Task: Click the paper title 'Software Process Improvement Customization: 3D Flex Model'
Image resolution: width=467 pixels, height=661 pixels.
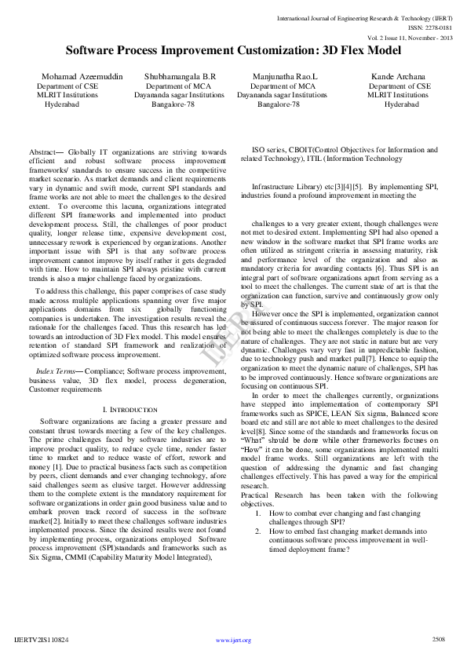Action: tap(233, 50)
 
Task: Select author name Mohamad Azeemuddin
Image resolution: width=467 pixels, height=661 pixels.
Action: tap(78, 76)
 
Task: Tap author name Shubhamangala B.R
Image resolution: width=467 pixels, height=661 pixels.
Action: tap(180, 76)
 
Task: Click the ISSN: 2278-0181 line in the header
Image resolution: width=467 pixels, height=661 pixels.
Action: tap(431, 26)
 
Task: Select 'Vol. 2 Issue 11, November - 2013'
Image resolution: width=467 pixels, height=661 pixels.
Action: tap(411, 37)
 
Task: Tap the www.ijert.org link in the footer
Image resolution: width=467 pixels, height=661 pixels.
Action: tap(233, 641)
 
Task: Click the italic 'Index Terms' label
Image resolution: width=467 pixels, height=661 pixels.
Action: tap(55, 369)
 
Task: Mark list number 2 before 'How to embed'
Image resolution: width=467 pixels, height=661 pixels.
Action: tap(259, 531)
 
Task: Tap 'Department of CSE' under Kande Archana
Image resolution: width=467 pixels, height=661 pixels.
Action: tap(400, 86)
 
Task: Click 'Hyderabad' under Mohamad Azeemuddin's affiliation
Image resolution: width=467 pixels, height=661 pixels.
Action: tap(61, 104)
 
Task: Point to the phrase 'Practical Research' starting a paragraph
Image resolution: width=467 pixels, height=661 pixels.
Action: tap(270, 495)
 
